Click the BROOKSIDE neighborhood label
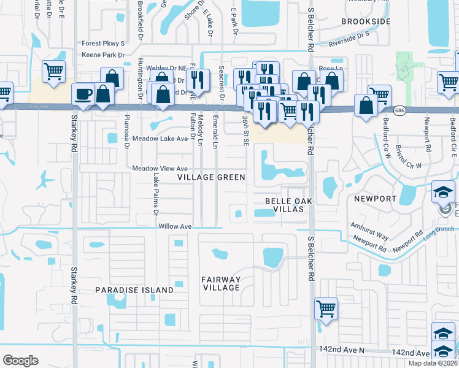pyautogui.click(x=366, y=21)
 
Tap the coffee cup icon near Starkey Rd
pyautogui.click(x=83, y=94)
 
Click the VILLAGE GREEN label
pyautogui.click(x=211, y=177)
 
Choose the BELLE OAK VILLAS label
pyautogui.click(x=285, y=205)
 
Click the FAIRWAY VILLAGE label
pyautogui.click(x=220, y=284)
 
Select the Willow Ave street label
pyautogui.click(x=175, y=226)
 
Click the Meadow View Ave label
pyautogui.click(x=160, y=168)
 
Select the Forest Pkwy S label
pyautogui.click(x=103, y=44)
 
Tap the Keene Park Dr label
pyautogui.click(x=103, y=55)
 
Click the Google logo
pyautogui.click(x=20, y=360)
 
